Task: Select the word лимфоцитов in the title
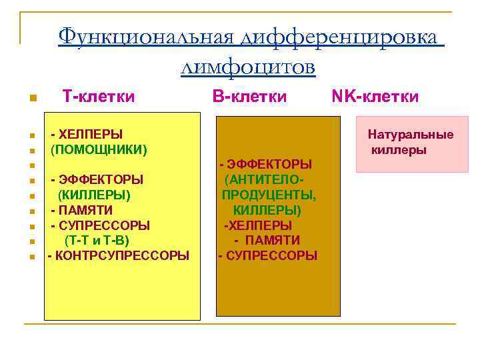click(x=247, y=67)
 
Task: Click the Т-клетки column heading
click(x=99, y=97)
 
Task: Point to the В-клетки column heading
click(x=250, y=97)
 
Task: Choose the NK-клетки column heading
click(x=375, y=97)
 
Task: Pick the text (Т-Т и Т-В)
click(x=97, y=240)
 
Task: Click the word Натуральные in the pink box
click(x=411, y=135)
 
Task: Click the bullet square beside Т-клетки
click(x=31, y=100)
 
